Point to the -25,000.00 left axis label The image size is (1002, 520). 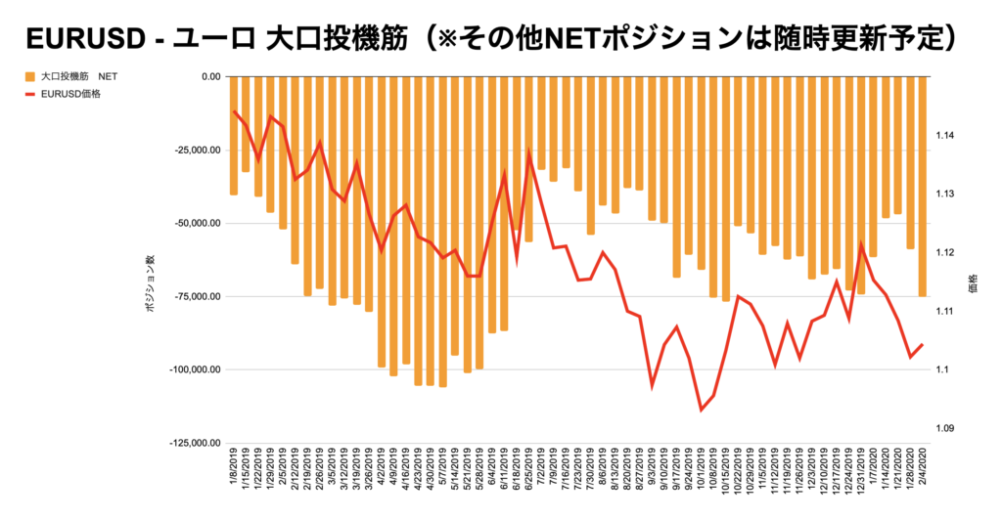(x=194, y=150)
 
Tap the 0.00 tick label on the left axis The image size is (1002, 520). (x=206, y=76)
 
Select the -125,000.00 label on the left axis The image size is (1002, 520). (x=192, y=443)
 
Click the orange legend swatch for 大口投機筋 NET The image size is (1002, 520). (x=29, y=76)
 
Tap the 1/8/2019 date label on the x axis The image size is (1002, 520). (x=235, y=468)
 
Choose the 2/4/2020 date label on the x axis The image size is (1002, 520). (x=923, y=468)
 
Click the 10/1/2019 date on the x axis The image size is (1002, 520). (x=702, y=468)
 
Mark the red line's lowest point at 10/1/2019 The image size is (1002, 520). (x=701, y=410)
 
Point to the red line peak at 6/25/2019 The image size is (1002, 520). (x=529, y=154)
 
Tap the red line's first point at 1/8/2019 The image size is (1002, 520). (x=235, y=111)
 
